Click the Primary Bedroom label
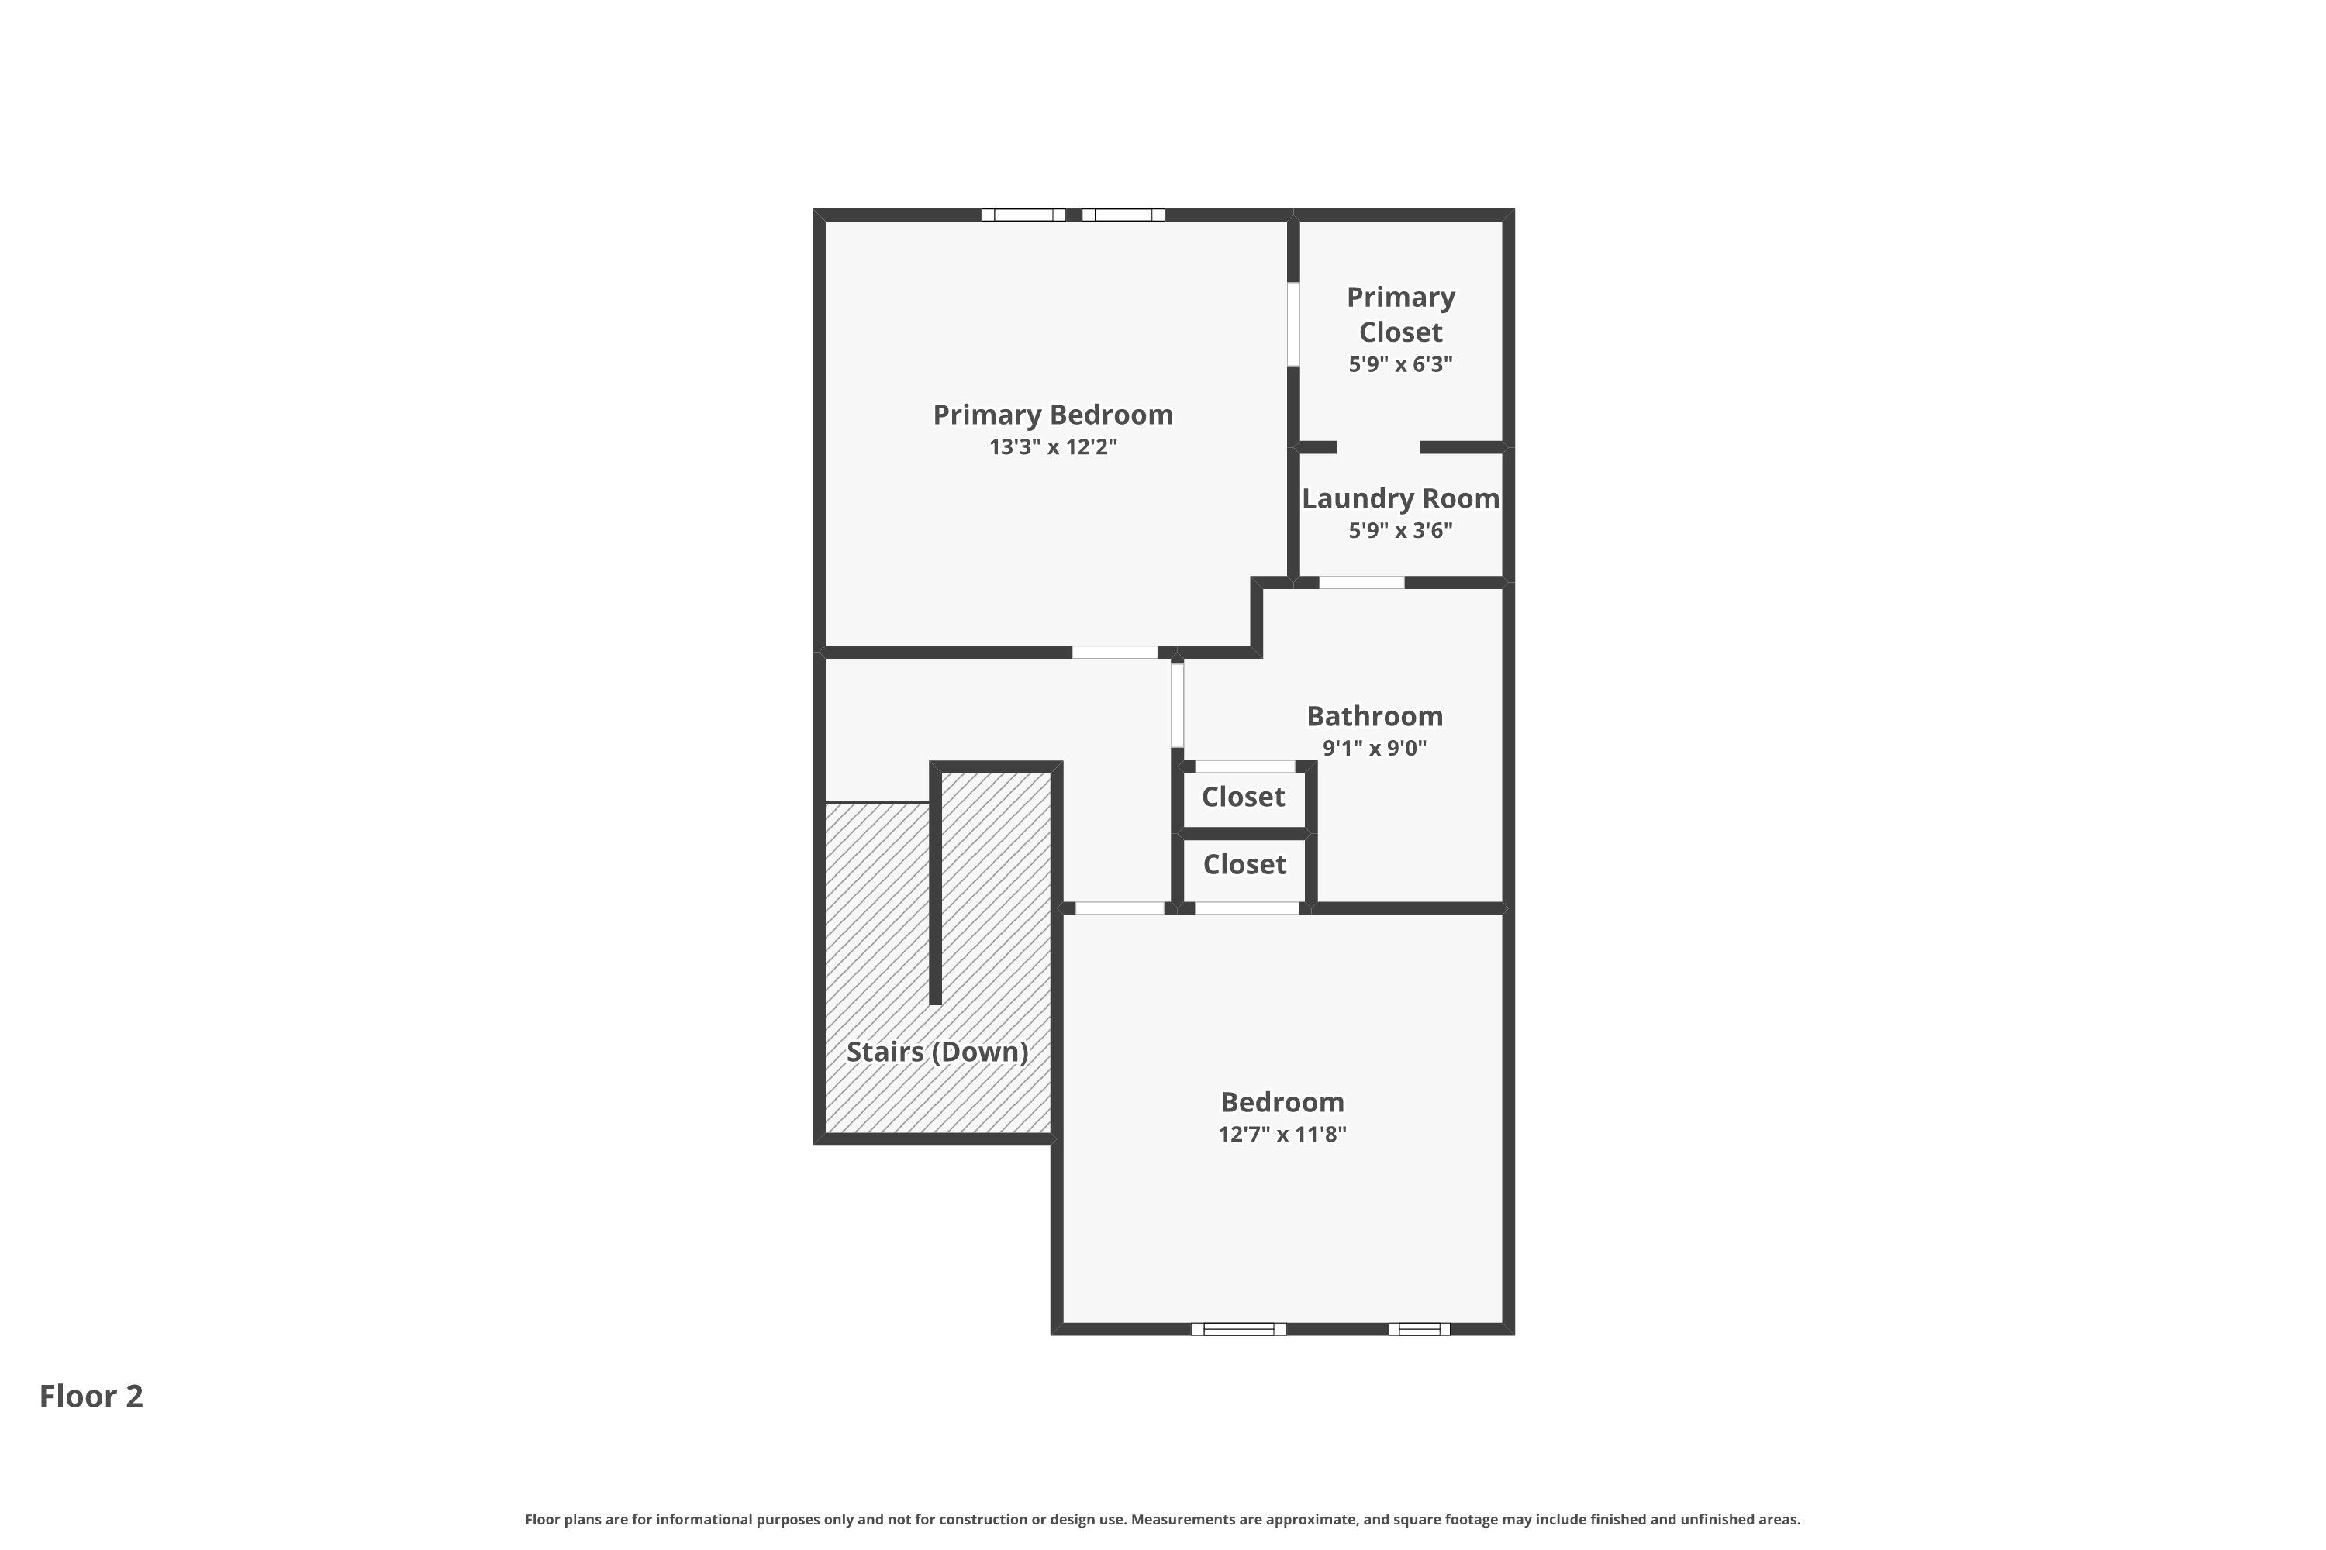pos(1052,415)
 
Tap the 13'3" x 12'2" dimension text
pos(1052,447)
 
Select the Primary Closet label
pos(1400,315)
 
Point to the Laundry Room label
pos(1400,498)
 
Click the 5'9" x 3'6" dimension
pos(1400,531)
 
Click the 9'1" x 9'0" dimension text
pos(1374,749)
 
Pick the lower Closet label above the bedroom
pos(1244,865)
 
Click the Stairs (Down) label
pos(937,1052)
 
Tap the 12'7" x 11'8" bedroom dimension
pos(1282,1135)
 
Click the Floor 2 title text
pos(91,1396)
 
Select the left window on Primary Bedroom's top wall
pos(1023,215)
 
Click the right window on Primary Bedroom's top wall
pos(1123,215)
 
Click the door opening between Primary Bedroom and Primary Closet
pos(1292,324)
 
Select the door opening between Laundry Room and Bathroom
pos(1361,582)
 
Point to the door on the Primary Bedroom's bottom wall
pos(1115,653)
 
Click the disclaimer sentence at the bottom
pos(1162,1519)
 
